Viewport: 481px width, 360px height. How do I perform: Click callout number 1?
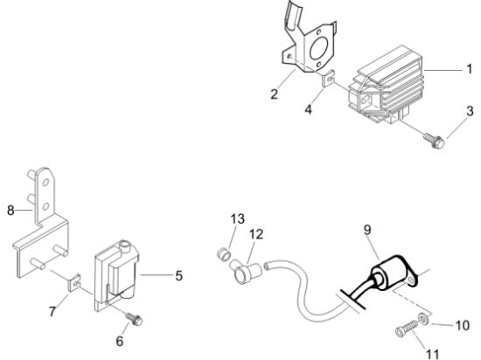pyautogui.click(x=469, y=69)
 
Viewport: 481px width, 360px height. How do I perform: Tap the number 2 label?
pyautogui.click(x=274, y=93)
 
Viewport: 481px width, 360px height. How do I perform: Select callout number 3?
pyautogui.click(x=470, y=111)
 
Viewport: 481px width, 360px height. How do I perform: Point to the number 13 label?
pyautogui.click(x=237, y=218)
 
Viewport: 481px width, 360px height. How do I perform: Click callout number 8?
pyautogui.click(x=10, y=211)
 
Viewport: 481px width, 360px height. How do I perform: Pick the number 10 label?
pyautogui.click(x=463, y=325)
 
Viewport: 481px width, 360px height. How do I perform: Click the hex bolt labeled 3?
pyautogui.click(x=434, y=141)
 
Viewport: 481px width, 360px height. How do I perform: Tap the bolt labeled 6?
pyautogui.click(x=134, y=319)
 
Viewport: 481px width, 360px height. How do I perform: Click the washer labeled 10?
pyautogui.click(x=424, y=318)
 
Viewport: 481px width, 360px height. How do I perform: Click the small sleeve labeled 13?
pyautogui.click(x=223, y=254)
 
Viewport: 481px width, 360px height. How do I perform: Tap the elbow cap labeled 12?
pyautogui.click(x=246, y=271)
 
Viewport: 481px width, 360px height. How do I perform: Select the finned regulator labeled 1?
pyautogui.click(x=387, y=85)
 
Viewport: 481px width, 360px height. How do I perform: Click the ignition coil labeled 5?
pyautogui.click(x=116, y=276)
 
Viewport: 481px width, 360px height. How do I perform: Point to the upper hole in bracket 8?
pyautogui.click(x=45, y=183)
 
